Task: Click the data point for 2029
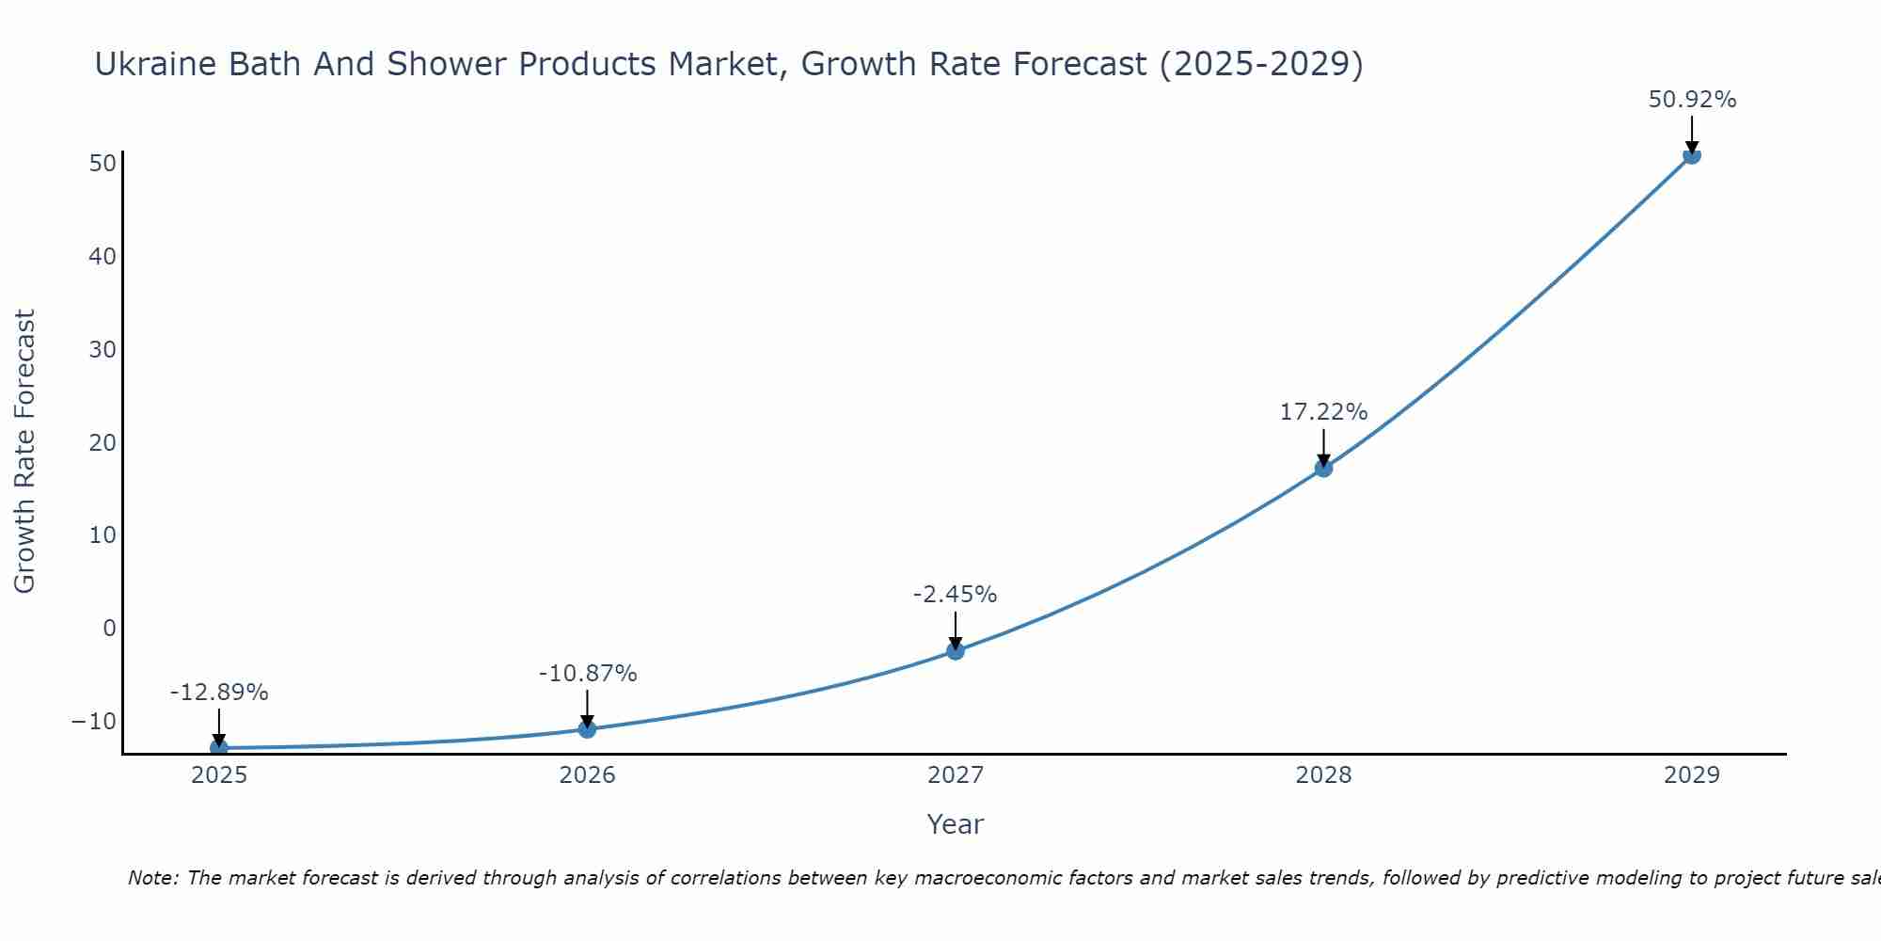[x=1691, y=155]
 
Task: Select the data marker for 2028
[x=1323, y=468]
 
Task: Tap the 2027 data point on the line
[x=956, y=650]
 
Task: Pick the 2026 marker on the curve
[x=587, y=728]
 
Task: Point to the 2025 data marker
[x=219, y=747]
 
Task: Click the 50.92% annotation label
[x=1692, y=100]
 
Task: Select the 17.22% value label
[x=1323, y=412]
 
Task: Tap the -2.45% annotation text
[x=955, y=595]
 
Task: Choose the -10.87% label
[x=588, y=674]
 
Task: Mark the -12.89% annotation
[x=219, y=693]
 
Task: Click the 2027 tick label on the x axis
[x=956, y=775]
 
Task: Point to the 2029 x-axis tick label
[x=1691, y=775]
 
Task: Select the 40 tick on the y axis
[x=103, y=256]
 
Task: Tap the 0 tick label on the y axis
[x=109, y=628]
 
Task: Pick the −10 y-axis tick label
[x=94, y=721]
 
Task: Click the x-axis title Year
[x=956, y=824]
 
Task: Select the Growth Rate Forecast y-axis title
[x=25, y=452]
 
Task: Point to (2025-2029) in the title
[x=1261, y=64]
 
